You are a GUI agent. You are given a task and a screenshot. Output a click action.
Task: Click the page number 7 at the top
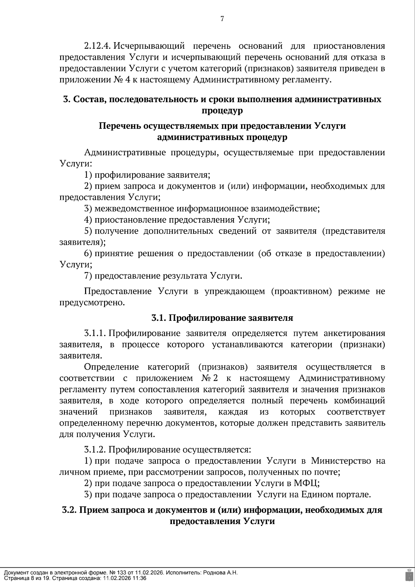222,19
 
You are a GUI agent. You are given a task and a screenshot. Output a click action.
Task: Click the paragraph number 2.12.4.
97,46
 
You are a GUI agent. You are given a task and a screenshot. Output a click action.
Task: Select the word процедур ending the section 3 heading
222,111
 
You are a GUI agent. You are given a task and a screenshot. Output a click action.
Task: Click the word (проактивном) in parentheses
301,291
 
